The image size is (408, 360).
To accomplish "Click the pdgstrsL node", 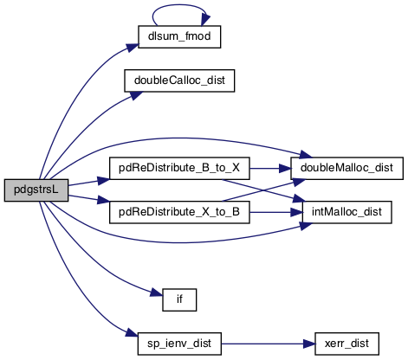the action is point(36,190).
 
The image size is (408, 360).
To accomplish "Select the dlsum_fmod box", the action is point(179,36).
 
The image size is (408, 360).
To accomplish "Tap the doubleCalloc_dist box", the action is point(179,80).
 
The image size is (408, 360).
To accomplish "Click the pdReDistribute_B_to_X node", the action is point(179,168).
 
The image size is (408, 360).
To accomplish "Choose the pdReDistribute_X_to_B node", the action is point(179,212).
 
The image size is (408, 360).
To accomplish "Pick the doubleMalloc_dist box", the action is point(346,168).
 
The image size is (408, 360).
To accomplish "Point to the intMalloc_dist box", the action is point(346,212).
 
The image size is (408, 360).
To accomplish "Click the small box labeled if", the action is point(179,299).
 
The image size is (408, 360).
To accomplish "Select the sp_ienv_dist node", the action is point(179,344).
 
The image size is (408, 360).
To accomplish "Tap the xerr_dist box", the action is point(346,344).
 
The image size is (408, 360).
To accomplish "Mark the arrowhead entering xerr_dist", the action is point(308,344).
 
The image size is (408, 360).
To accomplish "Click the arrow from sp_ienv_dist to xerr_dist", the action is point(268,344).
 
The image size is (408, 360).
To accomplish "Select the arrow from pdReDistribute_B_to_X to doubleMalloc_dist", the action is point(270,168).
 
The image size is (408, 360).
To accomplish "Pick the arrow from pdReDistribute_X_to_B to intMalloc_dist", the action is point(275,212).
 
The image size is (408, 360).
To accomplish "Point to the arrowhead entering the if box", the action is point(157,293).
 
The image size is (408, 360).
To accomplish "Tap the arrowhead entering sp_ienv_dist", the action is point(132,334).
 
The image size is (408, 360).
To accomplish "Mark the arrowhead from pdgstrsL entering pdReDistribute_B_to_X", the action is point(103,181).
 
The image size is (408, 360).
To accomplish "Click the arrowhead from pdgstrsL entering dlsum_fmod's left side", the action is point(133,48).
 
